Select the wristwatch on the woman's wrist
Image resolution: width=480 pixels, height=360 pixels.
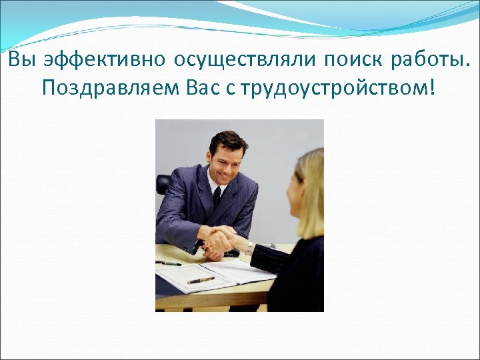click(250, 247)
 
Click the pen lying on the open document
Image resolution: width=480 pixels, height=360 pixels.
click(201, 280)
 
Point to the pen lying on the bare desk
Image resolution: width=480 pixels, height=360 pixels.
click(168, 263)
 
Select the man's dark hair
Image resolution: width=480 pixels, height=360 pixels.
click(227, 141)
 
